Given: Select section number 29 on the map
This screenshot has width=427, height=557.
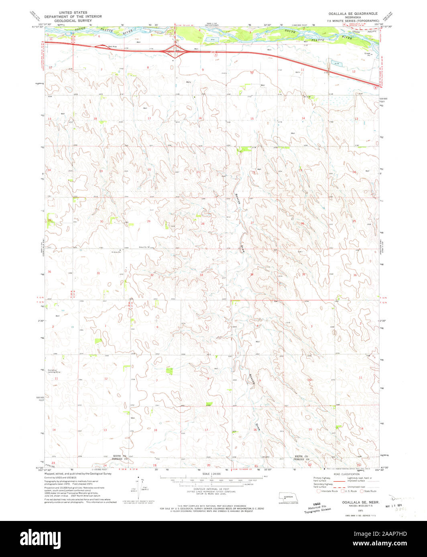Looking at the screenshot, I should click(148, 221).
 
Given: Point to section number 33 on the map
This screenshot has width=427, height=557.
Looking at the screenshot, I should click(201, 275).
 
